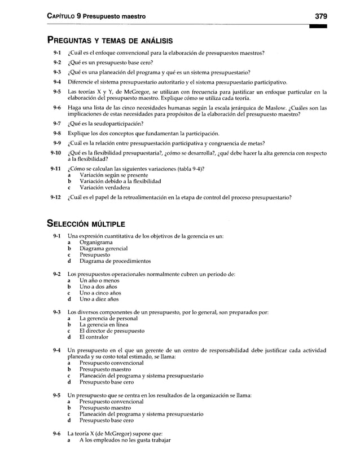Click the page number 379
321,16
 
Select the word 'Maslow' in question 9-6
278,108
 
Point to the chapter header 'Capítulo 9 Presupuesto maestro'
95,16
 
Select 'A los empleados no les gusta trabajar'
125,440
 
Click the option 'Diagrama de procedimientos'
115,261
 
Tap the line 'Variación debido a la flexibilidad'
120,182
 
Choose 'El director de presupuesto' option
112,332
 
